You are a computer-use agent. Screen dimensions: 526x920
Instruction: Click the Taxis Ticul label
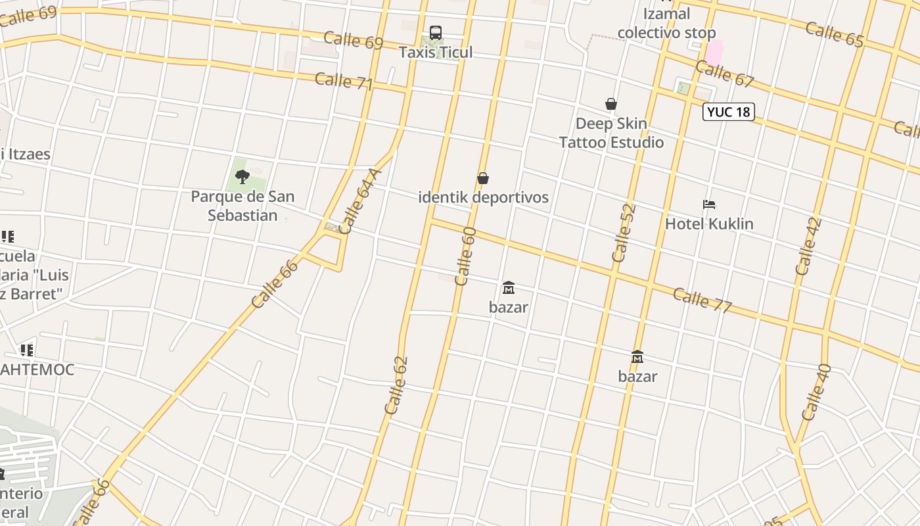tap(436, 52)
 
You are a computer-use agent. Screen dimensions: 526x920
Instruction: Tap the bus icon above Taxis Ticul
tap(435, 32)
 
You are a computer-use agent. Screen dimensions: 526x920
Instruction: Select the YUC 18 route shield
tap(728, 112)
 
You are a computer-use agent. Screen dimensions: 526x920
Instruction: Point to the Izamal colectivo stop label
tap(666, 23)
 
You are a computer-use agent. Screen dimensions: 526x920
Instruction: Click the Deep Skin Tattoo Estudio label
tap(611, 133)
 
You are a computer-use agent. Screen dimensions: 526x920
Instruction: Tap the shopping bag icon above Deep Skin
tap(611, 104)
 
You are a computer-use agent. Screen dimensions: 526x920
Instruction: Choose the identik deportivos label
tap(483, 197)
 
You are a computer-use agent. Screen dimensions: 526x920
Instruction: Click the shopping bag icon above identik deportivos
tap(483, 178)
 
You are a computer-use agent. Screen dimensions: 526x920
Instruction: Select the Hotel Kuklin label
tap(709, 224)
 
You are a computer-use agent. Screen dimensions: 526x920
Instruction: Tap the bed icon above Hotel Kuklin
tap(708, 204)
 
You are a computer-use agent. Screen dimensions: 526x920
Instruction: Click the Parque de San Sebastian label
tap(242, 206)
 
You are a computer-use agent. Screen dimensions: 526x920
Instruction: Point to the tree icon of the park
tap(242, 176)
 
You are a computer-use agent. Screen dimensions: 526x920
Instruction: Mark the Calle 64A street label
tap(360, 202)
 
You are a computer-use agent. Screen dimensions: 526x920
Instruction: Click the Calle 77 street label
tap(702, 299)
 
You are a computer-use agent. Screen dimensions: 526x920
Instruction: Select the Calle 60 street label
tap(465, 256)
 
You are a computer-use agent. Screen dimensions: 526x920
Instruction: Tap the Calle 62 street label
tap(397, 385)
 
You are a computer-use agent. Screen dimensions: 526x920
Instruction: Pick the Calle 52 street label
tap(624, 233)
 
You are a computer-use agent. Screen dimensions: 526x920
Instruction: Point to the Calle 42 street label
tap(808, 247)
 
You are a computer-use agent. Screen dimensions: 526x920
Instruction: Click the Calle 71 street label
tap(344, 82)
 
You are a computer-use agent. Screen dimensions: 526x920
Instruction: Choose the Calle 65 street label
tap(834, 34)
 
